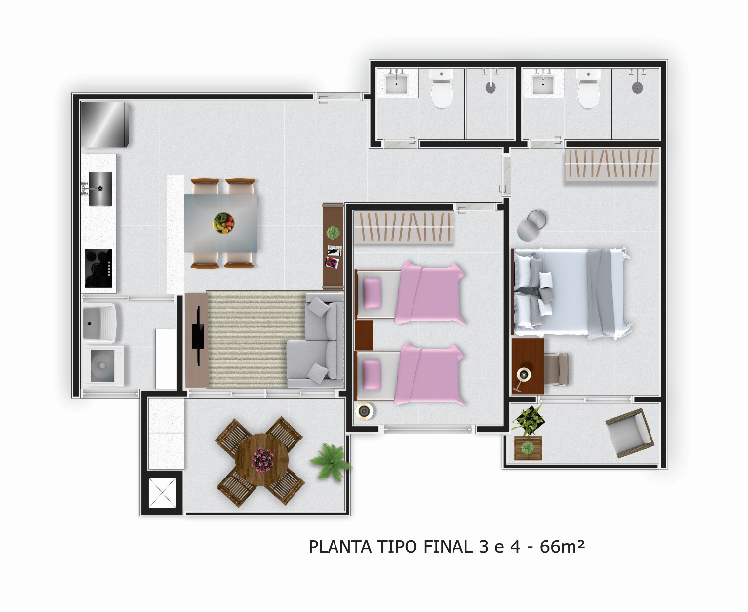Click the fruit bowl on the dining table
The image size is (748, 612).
(x=223, y=222)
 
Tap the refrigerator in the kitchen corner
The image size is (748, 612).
(x=104, y=125)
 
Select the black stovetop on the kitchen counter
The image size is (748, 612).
(x=98, y=269)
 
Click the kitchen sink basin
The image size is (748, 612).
(x=100, y=189)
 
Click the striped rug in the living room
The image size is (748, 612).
(x=256, y=339)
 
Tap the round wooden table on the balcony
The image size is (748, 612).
(x=261, y=459)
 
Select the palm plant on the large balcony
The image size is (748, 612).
(x=331, y=461)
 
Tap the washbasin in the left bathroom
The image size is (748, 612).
(x=396, y=84)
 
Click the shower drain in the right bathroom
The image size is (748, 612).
(x=638, y=88)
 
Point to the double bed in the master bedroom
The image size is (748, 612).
(x=572, y=291)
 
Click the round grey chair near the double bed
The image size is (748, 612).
(x=531, y=225)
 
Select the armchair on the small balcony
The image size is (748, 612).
(x=630, y=433)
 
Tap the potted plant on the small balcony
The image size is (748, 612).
(x=528, y=434)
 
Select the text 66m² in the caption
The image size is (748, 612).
(x=562, y=546)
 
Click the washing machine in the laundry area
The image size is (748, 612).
(x=102, y=366)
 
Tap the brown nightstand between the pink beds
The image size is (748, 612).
(x=364, y=334)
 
